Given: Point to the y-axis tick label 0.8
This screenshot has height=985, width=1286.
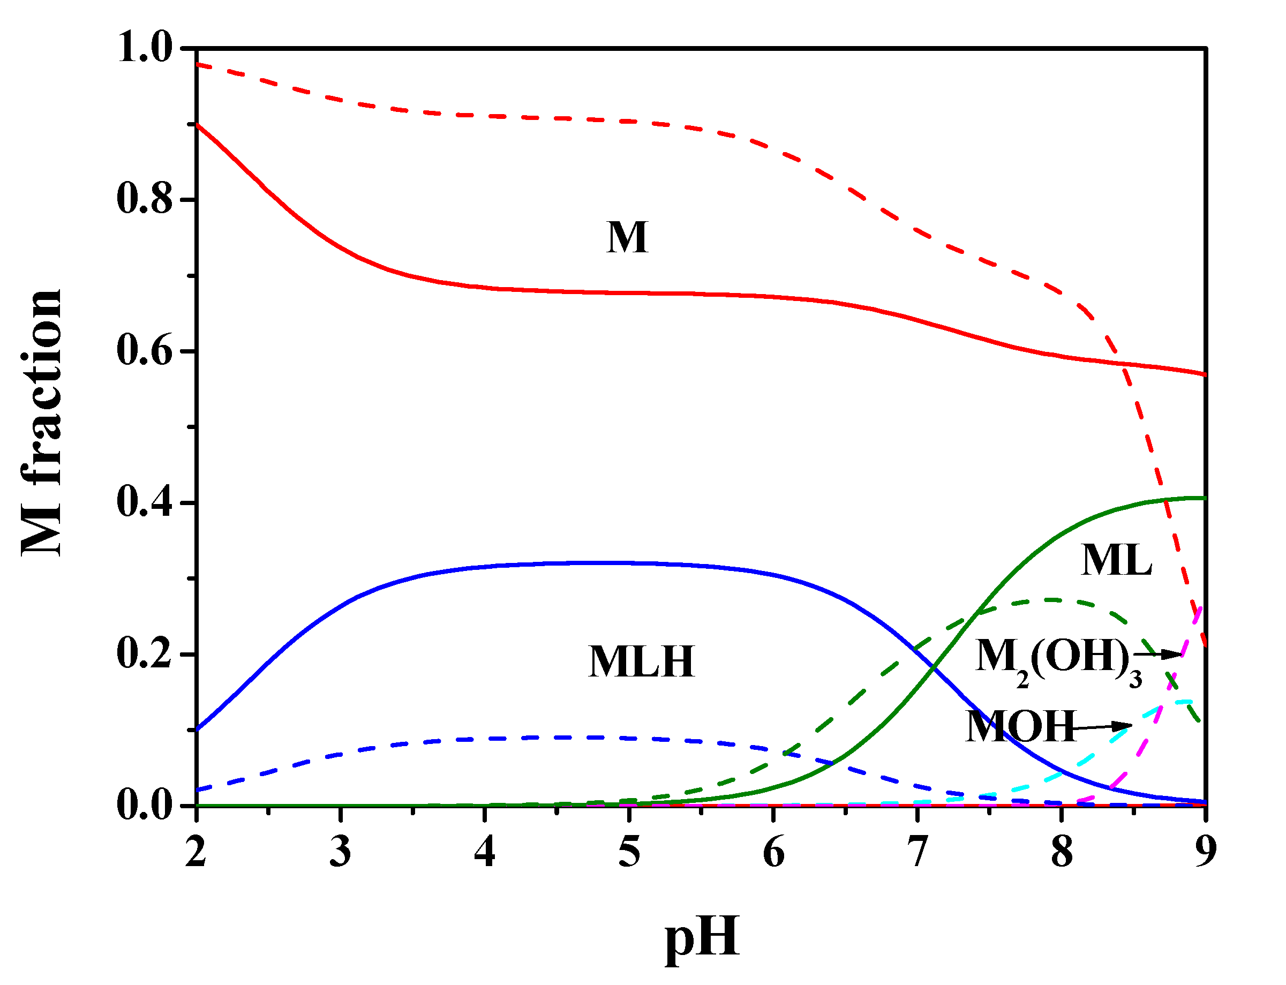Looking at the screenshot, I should point(144,199).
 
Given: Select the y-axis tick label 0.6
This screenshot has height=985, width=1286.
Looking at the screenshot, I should point(144,351).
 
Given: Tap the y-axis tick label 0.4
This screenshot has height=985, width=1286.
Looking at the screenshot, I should point(144,502).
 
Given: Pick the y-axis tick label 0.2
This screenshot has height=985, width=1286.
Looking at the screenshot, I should point(144,654).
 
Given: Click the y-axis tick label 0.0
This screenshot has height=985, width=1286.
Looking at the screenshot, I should point(144,806).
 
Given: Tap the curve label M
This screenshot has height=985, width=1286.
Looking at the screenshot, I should point(627,237).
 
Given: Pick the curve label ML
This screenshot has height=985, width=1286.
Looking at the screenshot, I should point(1116,560).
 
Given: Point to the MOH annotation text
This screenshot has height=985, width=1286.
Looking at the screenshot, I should point(1020,726).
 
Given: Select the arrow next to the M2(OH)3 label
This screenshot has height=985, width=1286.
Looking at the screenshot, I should point(1157,654).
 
